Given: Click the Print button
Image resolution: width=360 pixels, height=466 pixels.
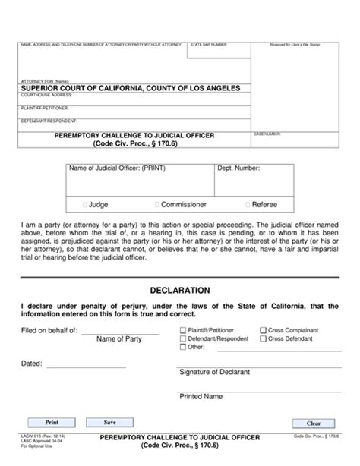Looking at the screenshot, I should click(52, 421).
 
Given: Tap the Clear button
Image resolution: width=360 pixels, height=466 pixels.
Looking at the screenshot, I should click(314, 423).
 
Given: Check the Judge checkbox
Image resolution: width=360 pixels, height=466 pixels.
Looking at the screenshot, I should click(84, 204).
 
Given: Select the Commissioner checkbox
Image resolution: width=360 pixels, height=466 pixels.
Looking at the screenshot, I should click(157, 204).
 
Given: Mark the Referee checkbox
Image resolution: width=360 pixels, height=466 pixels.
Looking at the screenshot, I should click(250, 204).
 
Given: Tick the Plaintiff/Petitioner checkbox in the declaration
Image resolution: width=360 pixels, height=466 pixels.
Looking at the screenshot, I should click(182, 330).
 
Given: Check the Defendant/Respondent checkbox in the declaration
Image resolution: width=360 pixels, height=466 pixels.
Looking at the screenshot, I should click(182, 338).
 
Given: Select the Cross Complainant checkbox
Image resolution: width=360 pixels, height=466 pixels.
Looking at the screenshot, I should click(263, 330).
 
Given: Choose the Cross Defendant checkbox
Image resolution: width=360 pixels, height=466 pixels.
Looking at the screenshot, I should click(263, 338).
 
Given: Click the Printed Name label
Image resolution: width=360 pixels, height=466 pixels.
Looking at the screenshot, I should click(201, 396).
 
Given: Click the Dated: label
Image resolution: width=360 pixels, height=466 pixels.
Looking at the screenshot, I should click(31, 364).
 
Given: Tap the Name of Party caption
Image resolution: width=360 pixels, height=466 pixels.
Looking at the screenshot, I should click(119, 338).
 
